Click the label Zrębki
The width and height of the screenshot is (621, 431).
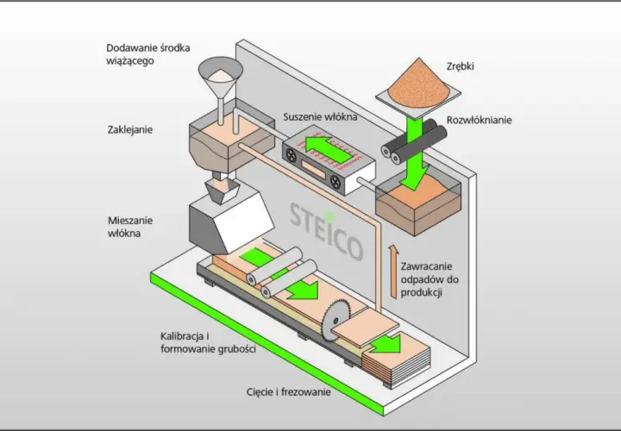pyautogui.click(x=460, y=66)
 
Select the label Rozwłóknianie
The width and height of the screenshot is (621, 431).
pyautogui.click(x=480, y=120)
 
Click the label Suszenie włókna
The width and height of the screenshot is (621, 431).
pyautogui.click(x=320, y=117)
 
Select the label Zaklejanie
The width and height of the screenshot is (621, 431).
pyautogui.click(x=130, y=130)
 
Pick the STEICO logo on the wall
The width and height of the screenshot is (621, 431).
pyautogui.click(x=326, y=232)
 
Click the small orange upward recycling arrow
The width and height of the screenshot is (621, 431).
pyautogui.click(x=393, y=271)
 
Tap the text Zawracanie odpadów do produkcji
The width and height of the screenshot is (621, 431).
pyautogui.click(x=430, y=279)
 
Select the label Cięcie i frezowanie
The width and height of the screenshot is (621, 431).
pyautogui.click(x=288, y=392)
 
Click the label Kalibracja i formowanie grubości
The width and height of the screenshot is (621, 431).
pyautogui.click(x=208, y=343)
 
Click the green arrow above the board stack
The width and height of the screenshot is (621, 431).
pyautogui.click(x=386, y=343)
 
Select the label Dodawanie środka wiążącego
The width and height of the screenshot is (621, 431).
pyautogui.click(x=148, y=54)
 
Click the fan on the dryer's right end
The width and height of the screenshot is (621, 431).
pyautogui.click(x=335, y=182)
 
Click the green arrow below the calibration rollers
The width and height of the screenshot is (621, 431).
pyautogui.click(x=302, y=289)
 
